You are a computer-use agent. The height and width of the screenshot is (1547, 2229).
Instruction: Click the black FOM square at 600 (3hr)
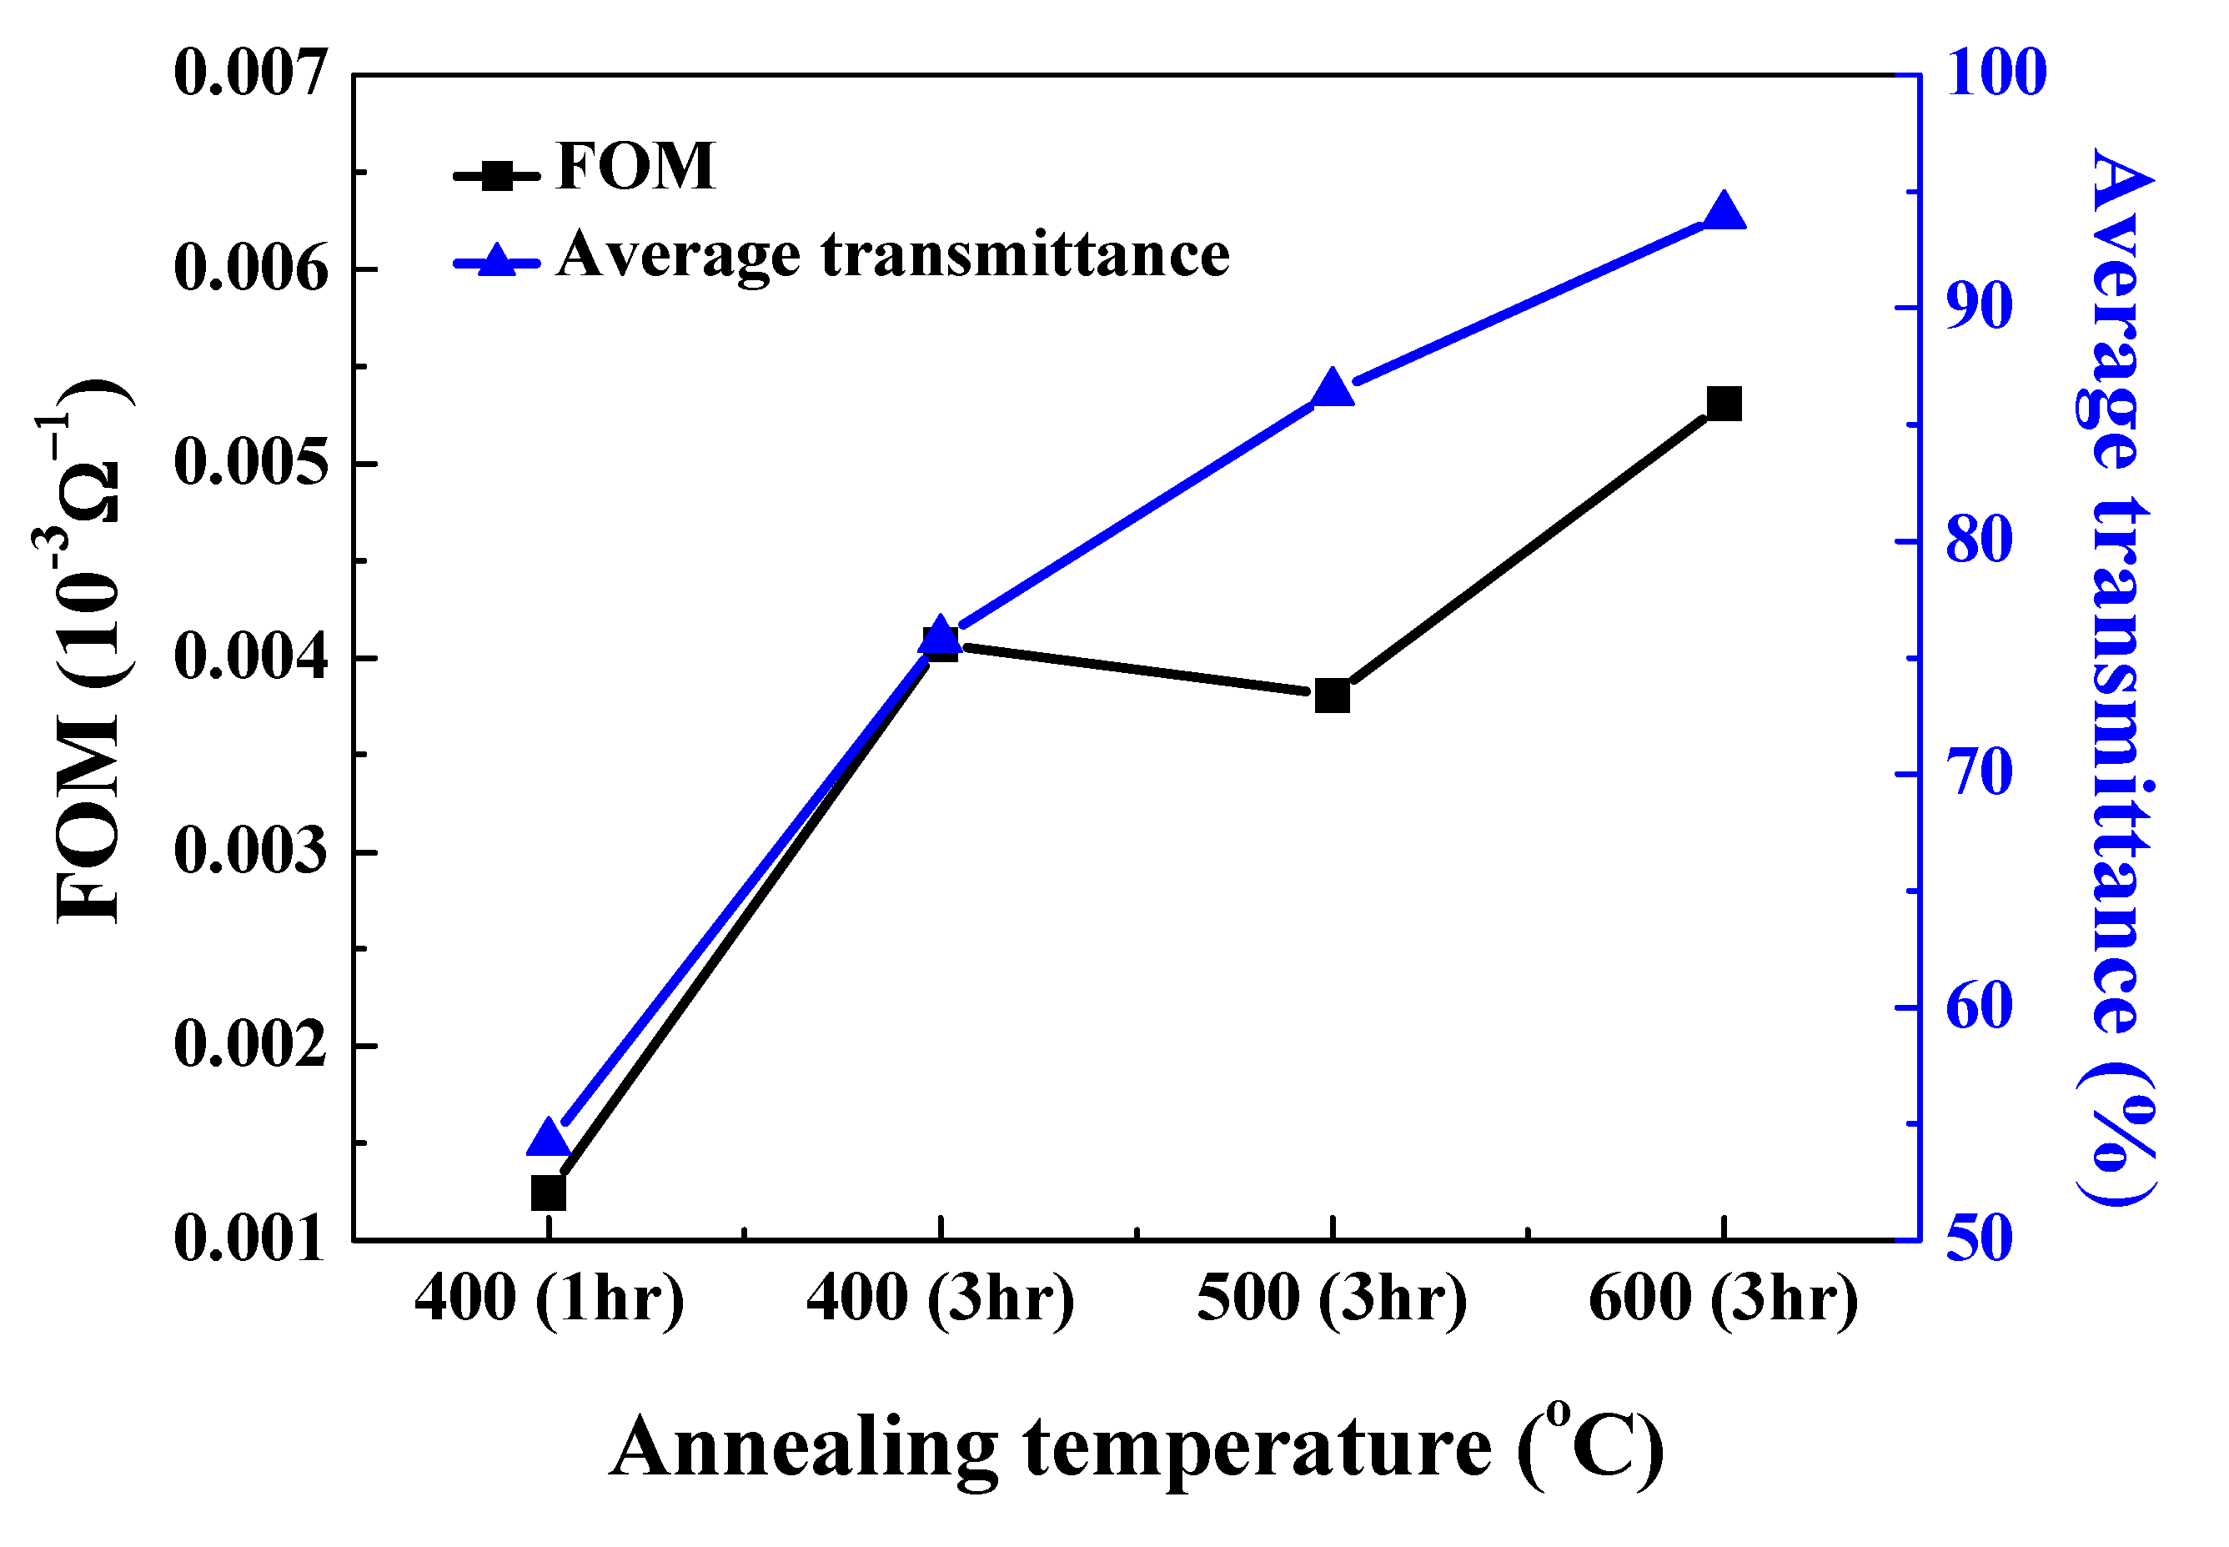tap(1723, 404)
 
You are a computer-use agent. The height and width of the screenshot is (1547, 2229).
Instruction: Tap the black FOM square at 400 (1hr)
tap(549, 1193)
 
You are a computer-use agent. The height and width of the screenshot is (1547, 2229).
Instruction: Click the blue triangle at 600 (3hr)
tap(1723, 211)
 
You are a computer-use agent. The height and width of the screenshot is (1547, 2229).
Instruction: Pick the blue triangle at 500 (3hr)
tap(1332, 389)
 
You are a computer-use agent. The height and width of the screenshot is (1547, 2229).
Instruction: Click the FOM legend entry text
tap(635, 166)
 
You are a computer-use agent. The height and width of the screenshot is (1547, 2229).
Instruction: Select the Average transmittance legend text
tap(891, 255)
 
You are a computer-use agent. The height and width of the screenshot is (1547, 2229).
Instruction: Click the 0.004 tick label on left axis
tap(251, 657)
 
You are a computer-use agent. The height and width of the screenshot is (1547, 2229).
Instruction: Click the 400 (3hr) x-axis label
tap(940, 1298)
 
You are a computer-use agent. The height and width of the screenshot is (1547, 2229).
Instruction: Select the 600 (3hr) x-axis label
tap(1723, 1298)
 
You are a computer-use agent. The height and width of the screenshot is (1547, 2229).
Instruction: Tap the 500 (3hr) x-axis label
tap(1332, 1298)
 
